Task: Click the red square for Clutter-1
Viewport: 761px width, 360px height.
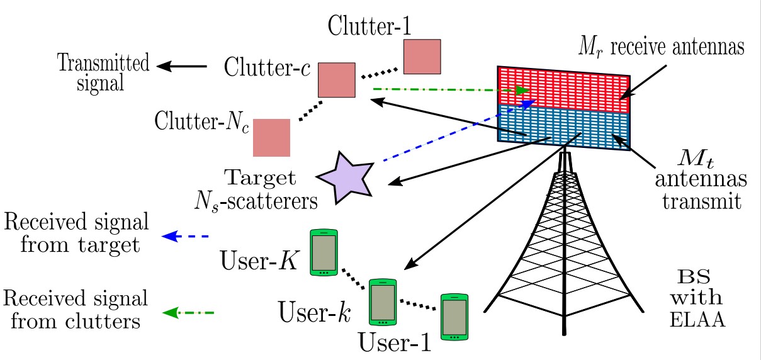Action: (x=422, y=57)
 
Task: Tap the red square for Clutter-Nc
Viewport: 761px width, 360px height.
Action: (x=271, y=137)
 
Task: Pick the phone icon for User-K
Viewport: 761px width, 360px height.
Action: (x=324, y=254)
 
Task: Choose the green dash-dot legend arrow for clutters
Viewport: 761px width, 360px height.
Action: (x=188, y=313)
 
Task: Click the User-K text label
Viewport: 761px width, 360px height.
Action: (x=259, y=261)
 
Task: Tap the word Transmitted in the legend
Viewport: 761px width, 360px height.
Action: (x=103, y=63)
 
